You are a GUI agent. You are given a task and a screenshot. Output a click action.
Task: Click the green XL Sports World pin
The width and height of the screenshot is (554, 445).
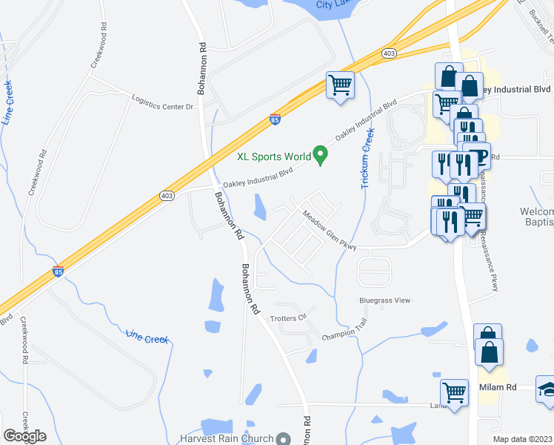[x=321, y=155]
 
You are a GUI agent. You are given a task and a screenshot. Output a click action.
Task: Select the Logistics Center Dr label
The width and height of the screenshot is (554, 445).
[x=162, y=102]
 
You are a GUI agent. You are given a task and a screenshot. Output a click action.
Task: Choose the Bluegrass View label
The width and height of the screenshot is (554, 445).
[x=384, y=300]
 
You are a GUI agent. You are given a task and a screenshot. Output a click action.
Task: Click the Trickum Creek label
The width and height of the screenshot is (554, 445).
[x=368, y=158]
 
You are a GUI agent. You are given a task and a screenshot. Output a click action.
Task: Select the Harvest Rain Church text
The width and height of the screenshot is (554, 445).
[x=226, y=438]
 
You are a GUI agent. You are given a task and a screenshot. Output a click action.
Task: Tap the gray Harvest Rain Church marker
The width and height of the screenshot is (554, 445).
[x=282, y=439]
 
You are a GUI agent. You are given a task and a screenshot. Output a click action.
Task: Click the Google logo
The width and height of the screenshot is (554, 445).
[x=24, y=436]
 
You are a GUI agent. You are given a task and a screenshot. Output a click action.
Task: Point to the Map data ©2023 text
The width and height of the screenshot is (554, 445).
[x=522, y=439]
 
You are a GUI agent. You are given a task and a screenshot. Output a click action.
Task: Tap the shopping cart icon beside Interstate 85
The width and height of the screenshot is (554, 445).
[x=341, y=85]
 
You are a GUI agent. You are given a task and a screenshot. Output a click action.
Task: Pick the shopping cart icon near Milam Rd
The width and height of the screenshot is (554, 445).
[x=454, y=390]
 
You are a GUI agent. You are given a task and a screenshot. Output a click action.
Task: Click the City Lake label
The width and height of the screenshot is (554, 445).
[x=336, y=4]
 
